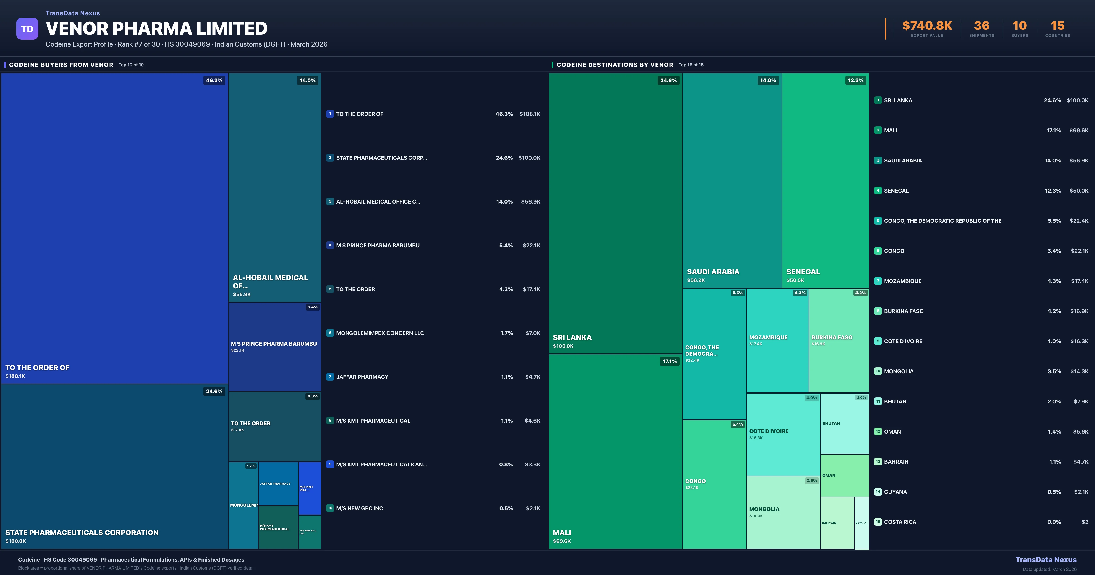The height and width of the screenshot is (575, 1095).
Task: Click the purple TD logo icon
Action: [x=27, y=29]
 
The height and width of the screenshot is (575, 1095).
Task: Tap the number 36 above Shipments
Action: [x=981, y=26]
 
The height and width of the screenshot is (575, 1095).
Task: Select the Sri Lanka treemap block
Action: [x=615, y=213]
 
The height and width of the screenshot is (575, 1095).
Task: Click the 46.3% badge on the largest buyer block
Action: [x=214, y=80]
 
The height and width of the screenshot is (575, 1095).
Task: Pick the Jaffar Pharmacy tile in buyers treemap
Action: [x=278, y=484]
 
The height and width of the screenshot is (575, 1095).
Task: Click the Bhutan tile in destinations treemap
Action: [x=844, y=423]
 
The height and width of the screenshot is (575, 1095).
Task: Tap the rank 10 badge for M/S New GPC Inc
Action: [x=330, y=508]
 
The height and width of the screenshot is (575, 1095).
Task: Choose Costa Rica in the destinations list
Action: [x=900, y=522]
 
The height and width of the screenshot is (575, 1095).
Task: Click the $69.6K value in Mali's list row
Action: [x=1078, y=131]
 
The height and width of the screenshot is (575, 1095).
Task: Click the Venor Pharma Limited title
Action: [x=156, y=29]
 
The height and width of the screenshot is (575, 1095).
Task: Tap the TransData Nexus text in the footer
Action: [x=1046, y=560]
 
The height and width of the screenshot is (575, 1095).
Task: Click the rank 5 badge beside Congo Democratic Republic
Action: [x=878, y=221]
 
